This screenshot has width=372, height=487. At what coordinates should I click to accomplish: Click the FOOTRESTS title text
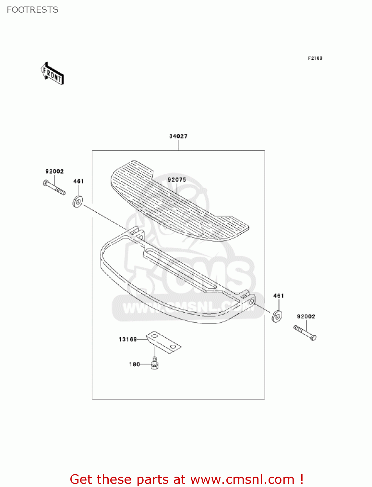[x=32, y=10]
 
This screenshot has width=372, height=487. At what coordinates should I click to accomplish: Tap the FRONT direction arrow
[x=52, y=74]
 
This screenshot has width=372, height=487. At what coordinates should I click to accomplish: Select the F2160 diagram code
[x=315, y=58]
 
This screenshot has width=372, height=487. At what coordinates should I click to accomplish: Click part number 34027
[x=178, y=136]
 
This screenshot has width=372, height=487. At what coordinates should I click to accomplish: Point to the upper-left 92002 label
[x=54, y=171]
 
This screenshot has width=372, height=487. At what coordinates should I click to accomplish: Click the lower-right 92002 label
[x=306, y=317]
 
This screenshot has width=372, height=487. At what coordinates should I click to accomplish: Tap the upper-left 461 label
[x=78, y=181]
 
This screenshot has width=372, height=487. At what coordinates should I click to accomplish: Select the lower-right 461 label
[x=278, y=296]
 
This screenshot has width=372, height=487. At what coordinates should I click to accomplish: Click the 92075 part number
[x=177, y=180]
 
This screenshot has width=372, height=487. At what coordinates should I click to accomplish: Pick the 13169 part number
[x=128, y=339]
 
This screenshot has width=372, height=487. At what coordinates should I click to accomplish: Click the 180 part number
[x=135, y=364]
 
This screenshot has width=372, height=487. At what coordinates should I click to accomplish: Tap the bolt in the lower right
[x=305, y=333]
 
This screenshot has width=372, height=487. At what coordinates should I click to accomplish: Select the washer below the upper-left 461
[x=78, y=202]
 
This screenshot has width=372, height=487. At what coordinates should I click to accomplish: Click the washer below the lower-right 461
[x=277, y=316]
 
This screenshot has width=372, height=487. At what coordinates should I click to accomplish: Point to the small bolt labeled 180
[x=155, y=363]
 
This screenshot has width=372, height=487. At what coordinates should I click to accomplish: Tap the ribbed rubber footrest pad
[x=178, y=201]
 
